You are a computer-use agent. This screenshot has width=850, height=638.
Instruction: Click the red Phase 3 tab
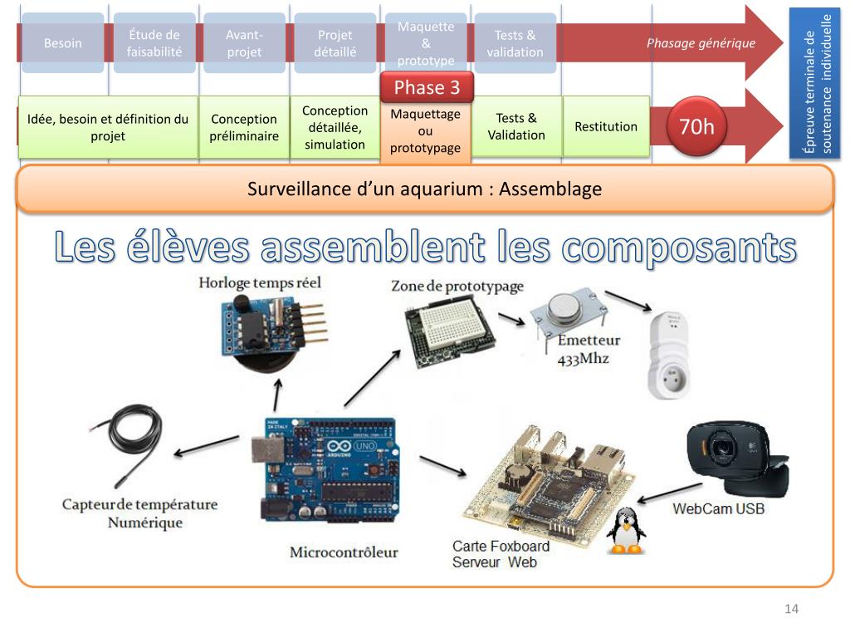click(x=426, y=87)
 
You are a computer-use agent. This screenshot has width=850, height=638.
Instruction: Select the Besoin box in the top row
click(x=63, y=43)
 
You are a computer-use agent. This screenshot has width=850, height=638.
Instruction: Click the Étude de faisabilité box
click(x=154, y=43)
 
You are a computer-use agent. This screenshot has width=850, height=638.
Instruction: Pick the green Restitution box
click(x=606, y=127)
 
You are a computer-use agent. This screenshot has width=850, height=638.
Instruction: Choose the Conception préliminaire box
click(x=244, y=127)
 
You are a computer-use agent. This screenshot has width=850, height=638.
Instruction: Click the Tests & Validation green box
click(x=516, y=127)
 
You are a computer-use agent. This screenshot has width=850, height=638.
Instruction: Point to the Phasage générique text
click(x=701, y=43)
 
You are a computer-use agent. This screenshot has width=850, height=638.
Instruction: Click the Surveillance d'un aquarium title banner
click(x=424, y=189)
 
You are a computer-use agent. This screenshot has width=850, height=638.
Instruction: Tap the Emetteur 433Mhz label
click(x=588, y=350)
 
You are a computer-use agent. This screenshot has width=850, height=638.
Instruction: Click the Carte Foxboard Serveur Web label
click(x=495, y=554)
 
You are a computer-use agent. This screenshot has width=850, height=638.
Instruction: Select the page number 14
click(x=790, y=610)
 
